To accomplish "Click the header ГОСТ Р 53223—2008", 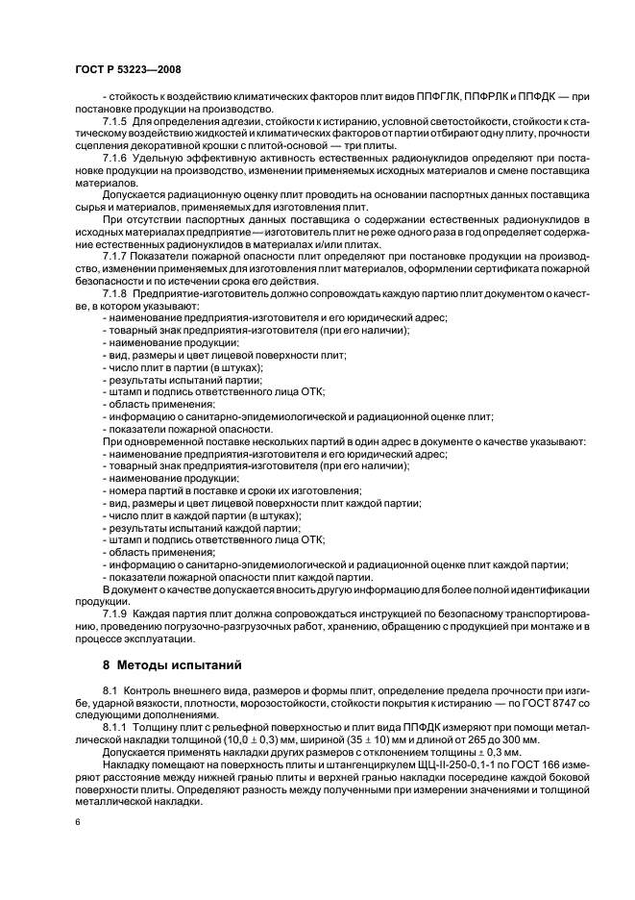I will pos(128,69).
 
